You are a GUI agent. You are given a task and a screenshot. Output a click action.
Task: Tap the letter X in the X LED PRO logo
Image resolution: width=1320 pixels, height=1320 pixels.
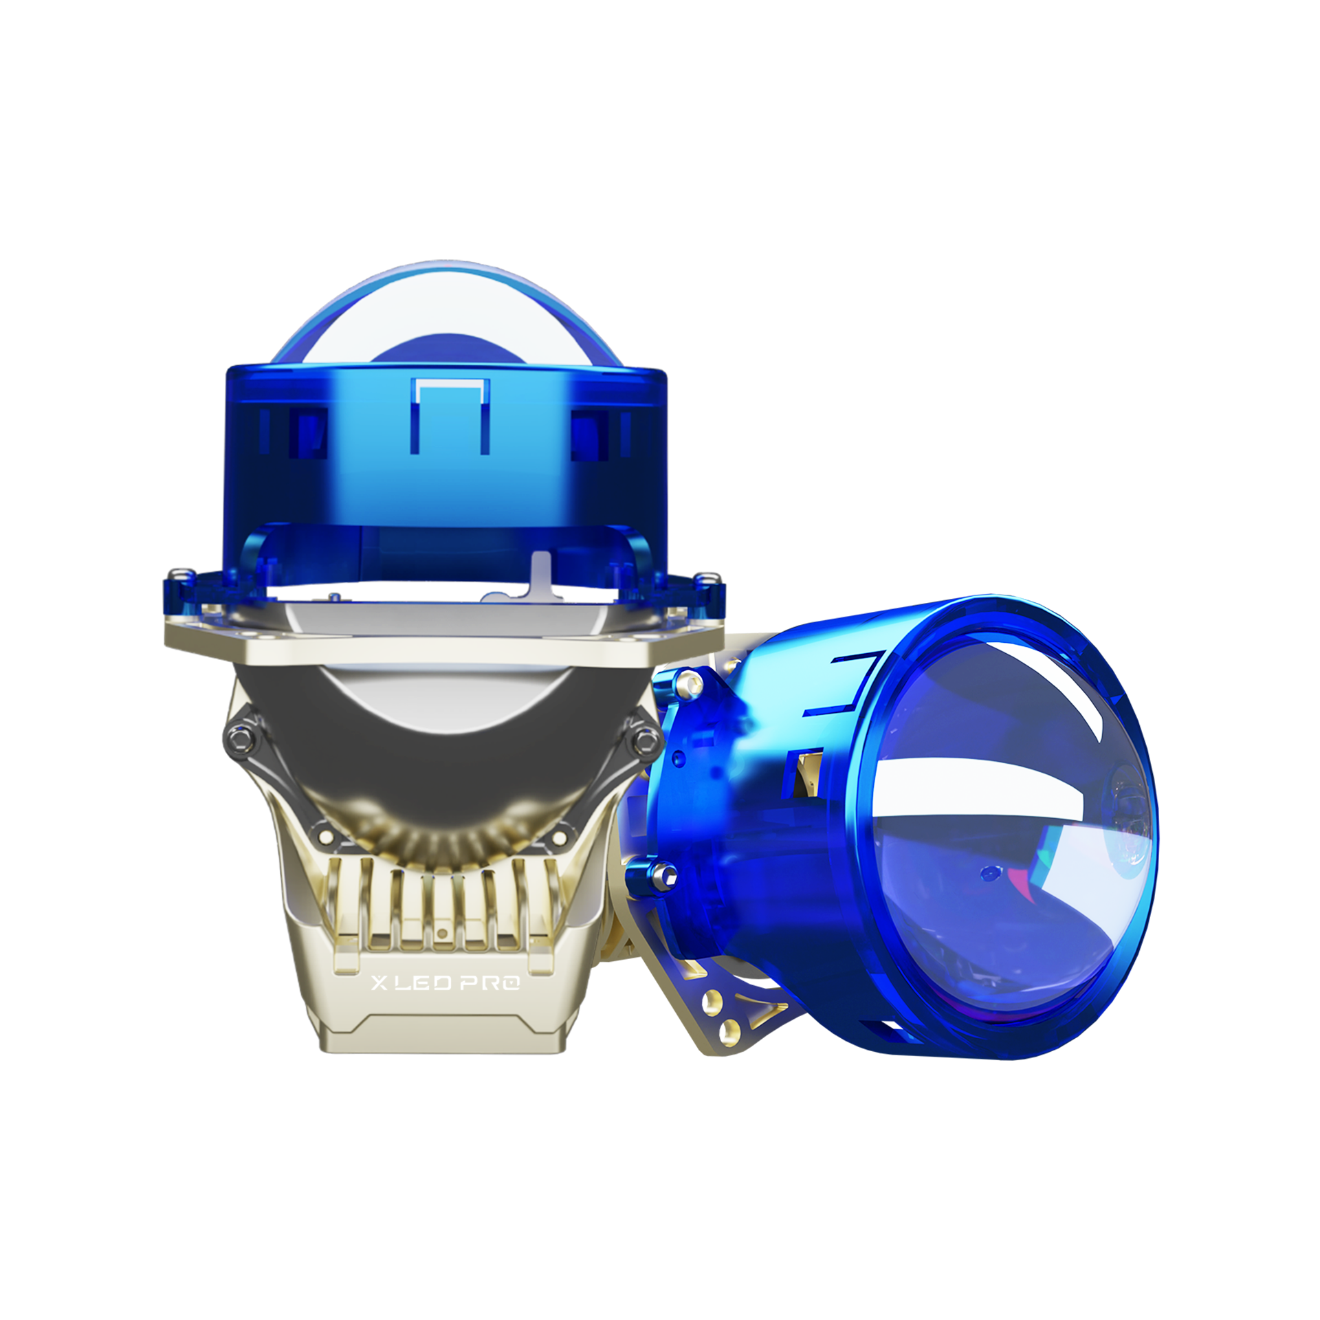point(379,984)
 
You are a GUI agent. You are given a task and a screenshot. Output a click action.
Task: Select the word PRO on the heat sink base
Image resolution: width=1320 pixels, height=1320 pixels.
point(490,984)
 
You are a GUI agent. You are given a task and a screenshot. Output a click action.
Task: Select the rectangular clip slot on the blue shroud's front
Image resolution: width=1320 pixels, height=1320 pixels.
point(450,415)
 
